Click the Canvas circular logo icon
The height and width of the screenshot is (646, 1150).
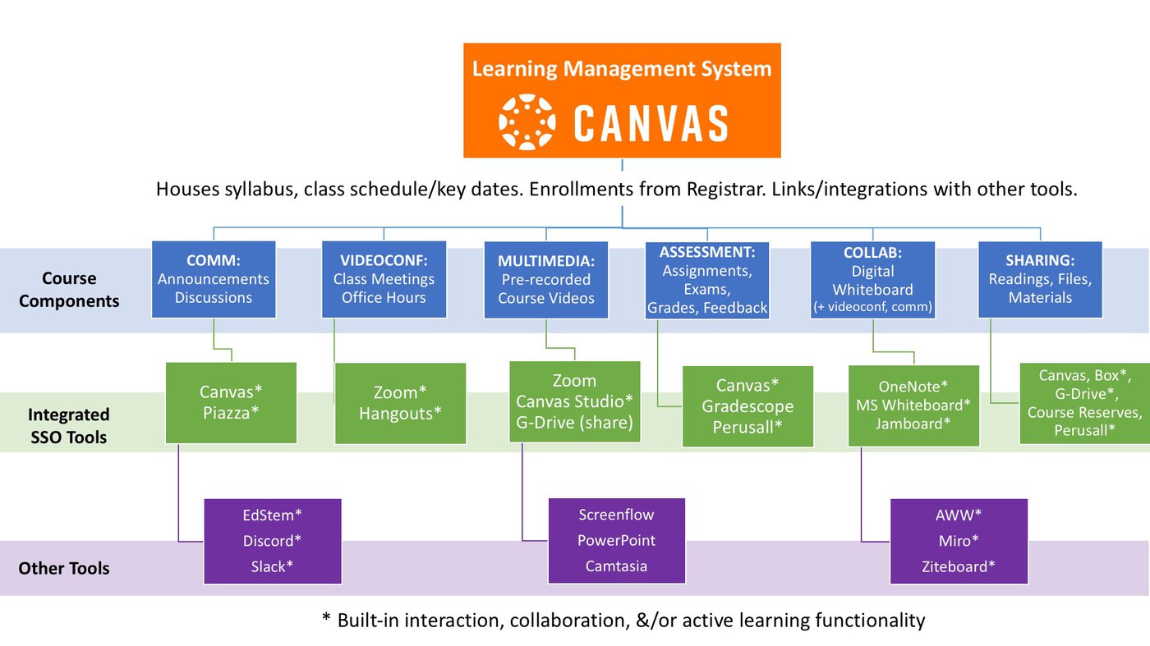[x=527, y=122]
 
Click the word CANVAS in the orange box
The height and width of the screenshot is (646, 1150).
[x=651, y=123]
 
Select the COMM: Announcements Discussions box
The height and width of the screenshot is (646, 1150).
[x=213, y=279]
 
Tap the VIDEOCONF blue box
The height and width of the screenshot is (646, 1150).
[x=384, y=279]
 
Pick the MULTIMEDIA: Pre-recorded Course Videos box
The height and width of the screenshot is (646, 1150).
[x=546, y=280]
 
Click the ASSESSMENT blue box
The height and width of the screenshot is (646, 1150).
[x=707, y=280]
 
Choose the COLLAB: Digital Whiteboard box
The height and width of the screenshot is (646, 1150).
[x=872, y=280]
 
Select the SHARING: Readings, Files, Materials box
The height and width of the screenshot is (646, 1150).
[x=1040, y=279]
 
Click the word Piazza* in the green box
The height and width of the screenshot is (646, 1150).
[x=230, y=413]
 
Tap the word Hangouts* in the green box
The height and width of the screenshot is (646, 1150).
[x=400, y=414]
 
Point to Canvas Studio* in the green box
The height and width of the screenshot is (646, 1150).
[x=574, y=401]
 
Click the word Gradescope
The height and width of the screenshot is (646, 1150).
[x=747, y=406]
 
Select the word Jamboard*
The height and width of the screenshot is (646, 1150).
[x=913, y=424]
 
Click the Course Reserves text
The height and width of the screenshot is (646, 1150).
[x=1084, y=412]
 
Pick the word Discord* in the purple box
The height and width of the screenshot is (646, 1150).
[x=272, y=541]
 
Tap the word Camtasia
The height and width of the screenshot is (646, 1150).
[x=616, y=566]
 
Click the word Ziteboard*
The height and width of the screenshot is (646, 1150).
[x=959, y=566]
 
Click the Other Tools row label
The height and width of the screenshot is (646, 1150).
[x=64, y=568]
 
